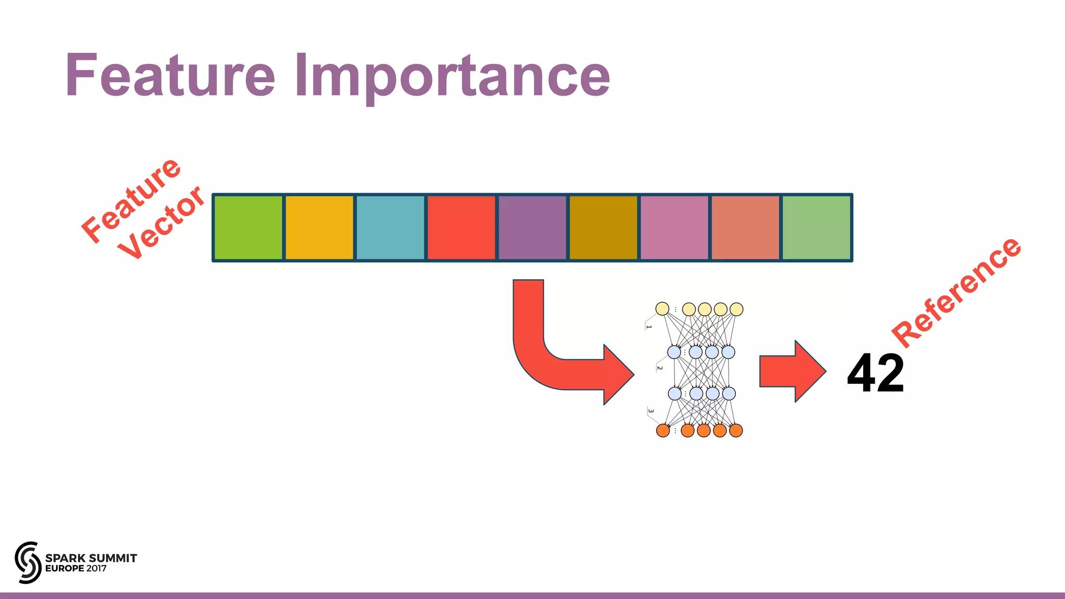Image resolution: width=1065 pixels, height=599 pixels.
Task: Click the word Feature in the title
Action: (170, 76)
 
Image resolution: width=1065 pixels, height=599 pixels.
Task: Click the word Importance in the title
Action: (452, 77)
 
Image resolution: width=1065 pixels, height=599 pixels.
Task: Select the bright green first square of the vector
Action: (248, 227)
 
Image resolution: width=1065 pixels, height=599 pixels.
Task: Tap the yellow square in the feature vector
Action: (319, 227)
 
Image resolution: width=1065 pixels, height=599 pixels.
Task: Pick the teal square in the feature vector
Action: (390, 227)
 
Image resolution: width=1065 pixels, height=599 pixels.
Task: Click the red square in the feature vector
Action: (461, 227)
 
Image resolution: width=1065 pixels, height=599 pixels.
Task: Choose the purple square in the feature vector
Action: (532, 227)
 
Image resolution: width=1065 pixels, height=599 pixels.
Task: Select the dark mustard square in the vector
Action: (603, 227)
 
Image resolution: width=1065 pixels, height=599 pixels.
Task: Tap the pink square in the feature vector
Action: (674, 227)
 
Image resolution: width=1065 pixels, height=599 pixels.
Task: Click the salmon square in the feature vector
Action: (745, 227)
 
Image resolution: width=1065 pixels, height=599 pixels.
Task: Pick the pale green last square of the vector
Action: (816, 227)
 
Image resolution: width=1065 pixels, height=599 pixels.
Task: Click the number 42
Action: (876, 373)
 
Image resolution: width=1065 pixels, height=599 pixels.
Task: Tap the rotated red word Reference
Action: (957, 292)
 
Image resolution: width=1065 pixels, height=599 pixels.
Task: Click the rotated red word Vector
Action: (161, 224)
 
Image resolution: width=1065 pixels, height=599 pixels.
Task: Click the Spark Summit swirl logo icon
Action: (28, 562)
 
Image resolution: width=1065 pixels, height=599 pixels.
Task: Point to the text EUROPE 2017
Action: (76, 568)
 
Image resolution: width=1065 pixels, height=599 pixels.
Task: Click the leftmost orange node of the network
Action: (663, 431)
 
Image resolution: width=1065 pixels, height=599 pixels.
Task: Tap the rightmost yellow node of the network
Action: (736, 309)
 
